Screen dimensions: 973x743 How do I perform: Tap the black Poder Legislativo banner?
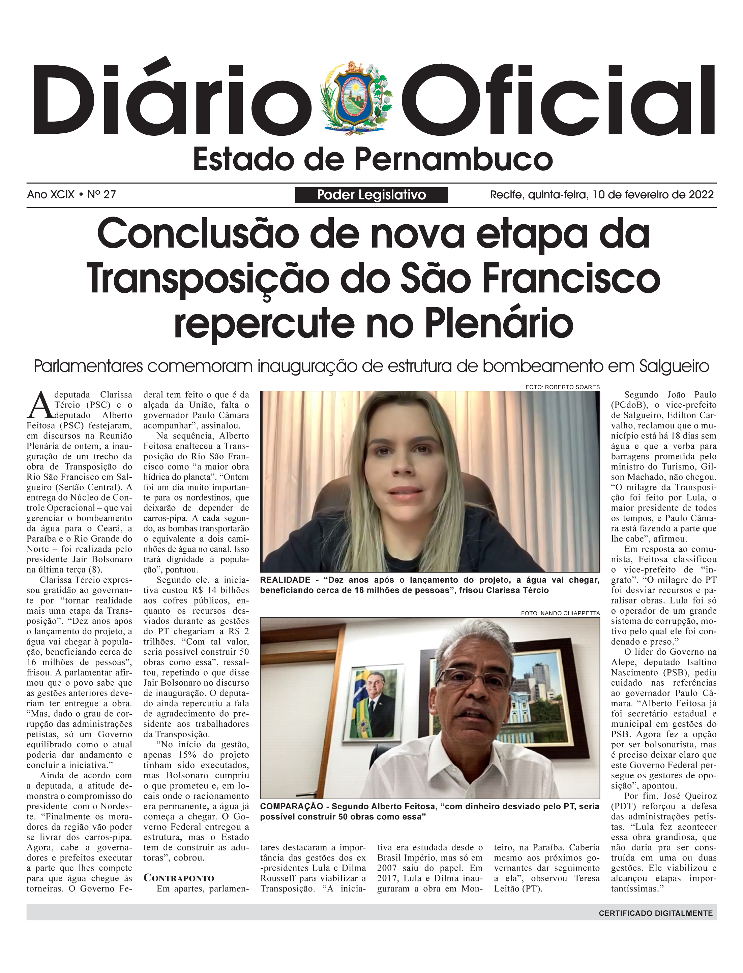371,195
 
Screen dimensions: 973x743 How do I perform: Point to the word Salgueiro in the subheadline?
674,366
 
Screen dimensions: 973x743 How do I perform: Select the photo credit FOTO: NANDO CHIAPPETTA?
560,613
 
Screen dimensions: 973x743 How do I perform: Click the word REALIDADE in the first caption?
285,580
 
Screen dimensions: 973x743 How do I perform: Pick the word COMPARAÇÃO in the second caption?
292,806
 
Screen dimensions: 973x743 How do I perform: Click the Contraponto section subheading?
179,878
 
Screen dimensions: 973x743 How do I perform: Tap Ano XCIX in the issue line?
51,194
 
